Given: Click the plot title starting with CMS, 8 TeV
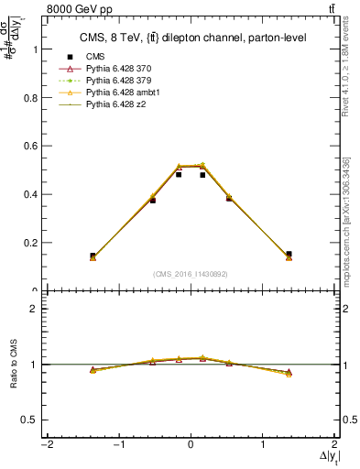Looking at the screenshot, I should pyautogui.click(x=190, y=38).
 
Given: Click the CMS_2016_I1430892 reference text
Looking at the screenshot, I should pyautogui.click(x=190, y=274).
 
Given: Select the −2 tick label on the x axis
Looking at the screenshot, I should pyautogui.click(x=46, y=446).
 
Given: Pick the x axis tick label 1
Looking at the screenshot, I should pyautogui.click(x=263, y=446).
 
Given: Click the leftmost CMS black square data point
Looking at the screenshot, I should pyautogui.click(x=93, y=256).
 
